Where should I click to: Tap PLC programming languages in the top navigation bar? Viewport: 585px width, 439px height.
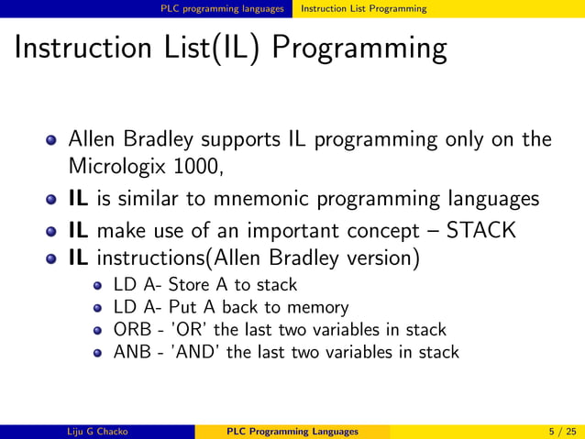[222, 8]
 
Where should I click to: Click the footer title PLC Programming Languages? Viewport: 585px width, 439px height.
[292, 431]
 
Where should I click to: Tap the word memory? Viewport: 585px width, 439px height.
[316, 308]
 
